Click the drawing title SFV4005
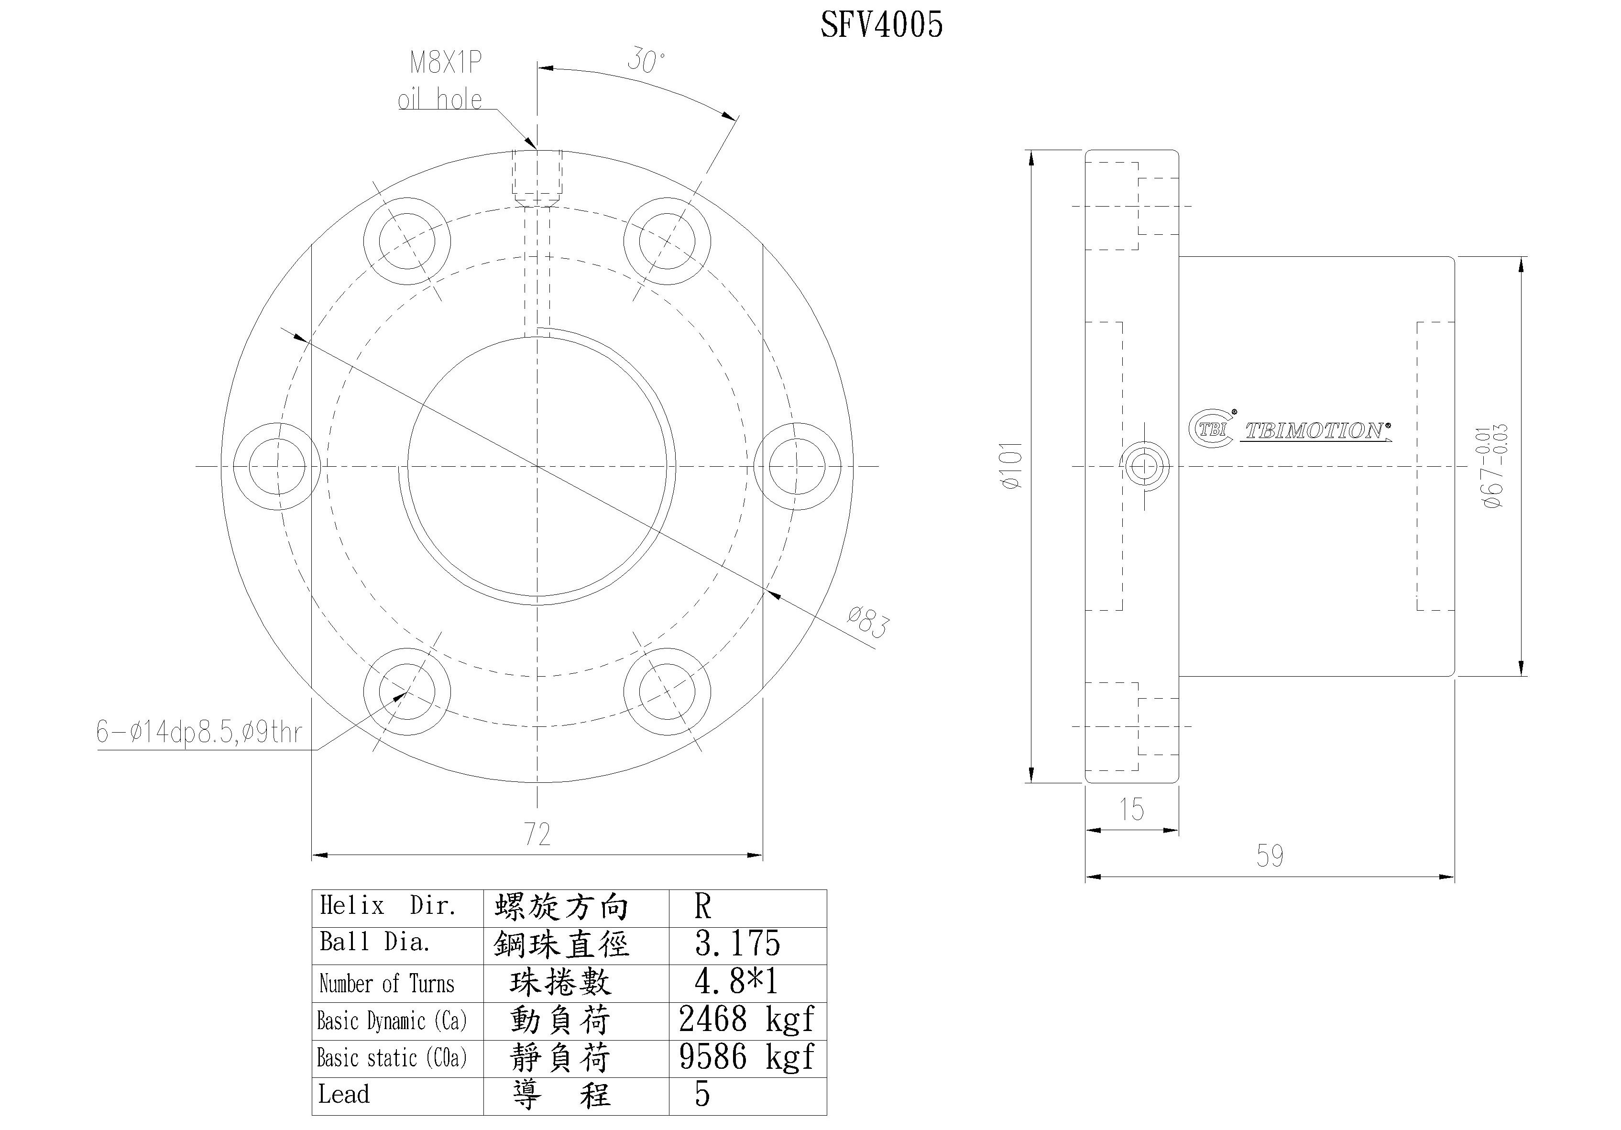pos(881,25)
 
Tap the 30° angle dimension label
pos(646,61)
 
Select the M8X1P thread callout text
pos(446,63)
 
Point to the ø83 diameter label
pos(868,622)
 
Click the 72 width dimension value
pos(537,835)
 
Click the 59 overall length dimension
pos(1270,856)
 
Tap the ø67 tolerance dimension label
pos(1494,466)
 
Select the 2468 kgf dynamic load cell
pos(746,1019)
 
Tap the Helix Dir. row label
pos(388,906)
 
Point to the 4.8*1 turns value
pos(735,982)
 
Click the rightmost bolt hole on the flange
pos(797,466)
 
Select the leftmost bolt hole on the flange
pos(277,466)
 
